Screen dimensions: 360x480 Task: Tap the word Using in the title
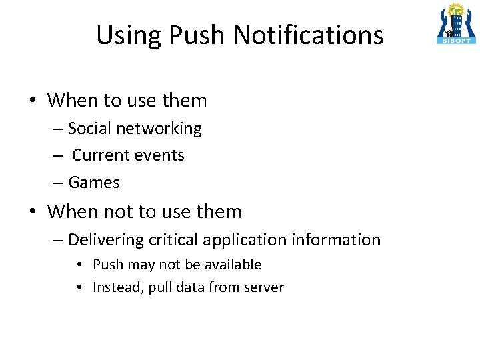click(x=123, y=35)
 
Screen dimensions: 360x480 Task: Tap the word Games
click(x=94, y=182)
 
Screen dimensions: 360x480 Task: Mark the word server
click(x=264, y=288)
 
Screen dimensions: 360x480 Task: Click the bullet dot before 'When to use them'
click(x=33, y=101)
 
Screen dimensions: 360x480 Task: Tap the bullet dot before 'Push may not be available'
click(x=79, y=265)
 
